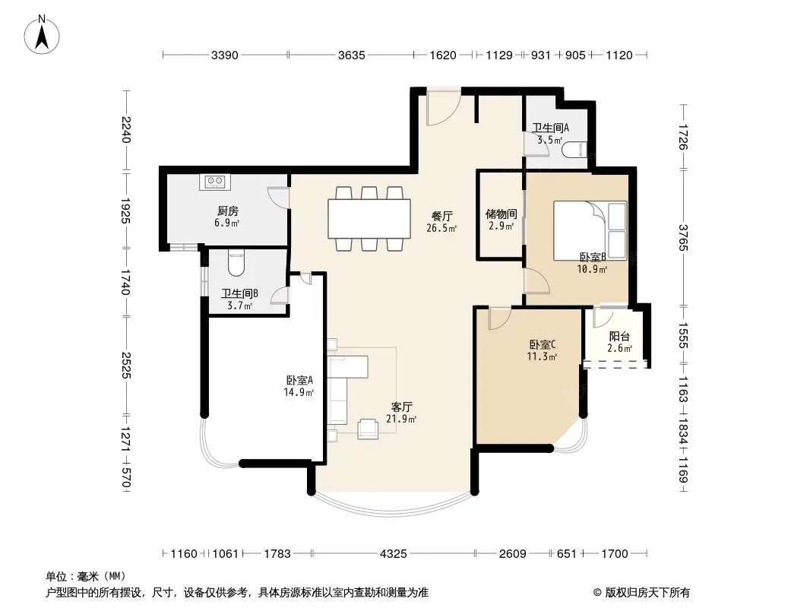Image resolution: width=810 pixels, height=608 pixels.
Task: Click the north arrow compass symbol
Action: click(42, 35)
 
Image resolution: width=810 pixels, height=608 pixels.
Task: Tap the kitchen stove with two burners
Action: click(215, 182)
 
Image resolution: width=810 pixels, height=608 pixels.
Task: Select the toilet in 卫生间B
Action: click(236, 263)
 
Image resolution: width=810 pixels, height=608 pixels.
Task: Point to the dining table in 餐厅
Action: click(369, 219)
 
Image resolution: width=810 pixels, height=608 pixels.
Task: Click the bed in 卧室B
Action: click(590, 231)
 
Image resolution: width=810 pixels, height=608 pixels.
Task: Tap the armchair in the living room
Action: click(367, 429)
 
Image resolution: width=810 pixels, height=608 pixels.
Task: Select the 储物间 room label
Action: click(501, 214)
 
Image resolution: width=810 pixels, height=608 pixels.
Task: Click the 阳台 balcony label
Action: click(619, 337)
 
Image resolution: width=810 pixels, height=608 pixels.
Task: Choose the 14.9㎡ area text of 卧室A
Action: click(299, 393)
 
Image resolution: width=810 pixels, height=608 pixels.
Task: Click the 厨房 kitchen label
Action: click(228, 211)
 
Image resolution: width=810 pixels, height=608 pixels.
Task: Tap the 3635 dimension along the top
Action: click(351, 55)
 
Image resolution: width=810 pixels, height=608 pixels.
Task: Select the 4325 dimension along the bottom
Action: click(394, 554)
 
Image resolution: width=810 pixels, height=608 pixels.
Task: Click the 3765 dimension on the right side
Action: click(683, 237)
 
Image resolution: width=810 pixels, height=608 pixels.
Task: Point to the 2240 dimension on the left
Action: click(126, 130)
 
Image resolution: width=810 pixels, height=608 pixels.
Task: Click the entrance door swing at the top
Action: click(444, 109)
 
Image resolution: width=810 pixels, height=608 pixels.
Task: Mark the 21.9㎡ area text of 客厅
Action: click(401, 420)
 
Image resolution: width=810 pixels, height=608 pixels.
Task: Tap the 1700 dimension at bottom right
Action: click(615, 554)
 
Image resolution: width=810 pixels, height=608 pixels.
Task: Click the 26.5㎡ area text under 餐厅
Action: click(441, 228)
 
